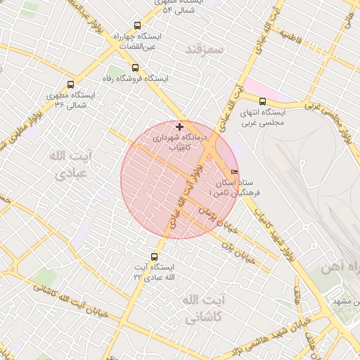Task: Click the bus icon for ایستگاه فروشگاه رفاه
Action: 134,68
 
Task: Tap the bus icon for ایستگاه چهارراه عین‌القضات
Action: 136,25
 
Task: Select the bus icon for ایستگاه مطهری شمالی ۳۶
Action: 70,84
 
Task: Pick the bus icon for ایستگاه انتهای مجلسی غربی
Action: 262,101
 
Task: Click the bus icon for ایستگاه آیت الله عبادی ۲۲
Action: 155,257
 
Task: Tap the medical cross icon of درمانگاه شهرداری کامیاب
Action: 181,127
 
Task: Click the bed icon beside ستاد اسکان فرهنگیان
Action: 234,172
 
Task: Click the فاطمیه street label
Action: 290,34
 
